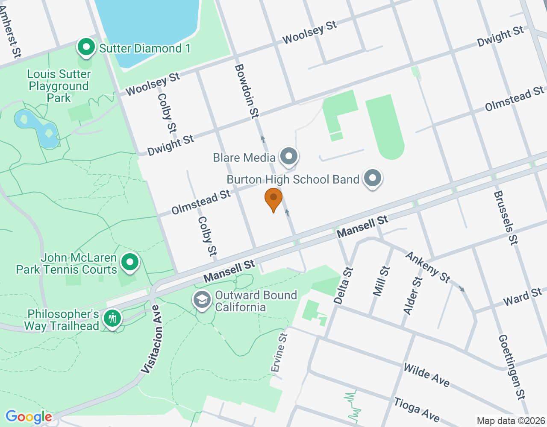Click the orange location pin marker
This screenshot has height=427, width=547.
coord(273,199)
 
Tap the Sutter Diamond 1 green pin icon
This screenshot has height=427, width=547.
coord(86,47)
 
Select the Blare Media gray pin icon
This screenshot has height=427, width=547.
coord(289,156)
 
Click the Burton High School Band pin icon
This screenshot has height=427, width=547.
coord(373,178)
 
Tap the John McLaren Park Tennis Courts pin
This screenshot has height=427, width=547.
coord(129,262)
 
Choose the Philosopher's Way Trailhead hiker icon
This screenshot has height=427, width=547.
coord(112,319)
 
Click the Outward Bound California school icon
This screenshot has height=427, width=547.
coord(202,300)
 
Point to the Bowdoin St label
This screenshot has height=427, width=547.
coord(247,91)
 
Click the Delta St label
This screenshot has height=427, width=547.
coord(344,286)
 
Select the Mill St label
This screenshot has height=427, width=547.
coord(381,281)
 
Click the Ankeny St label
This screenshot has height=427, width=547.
coord(428,267)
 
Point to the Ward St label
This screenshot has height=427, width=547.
coord(523,296)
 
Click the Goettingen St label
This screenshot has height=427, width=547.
coord(512,367)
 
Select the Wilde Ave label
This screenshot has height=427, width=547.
coord(426,375)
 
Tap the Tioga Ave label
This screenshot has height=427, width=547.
coord(417,409)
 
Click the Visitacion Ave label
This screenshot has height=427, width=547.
coord(153,339)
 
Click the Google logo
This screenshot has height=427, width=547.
coord(29,417)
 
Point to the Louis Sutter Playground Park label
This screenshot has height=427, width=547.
coord(59,86)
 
